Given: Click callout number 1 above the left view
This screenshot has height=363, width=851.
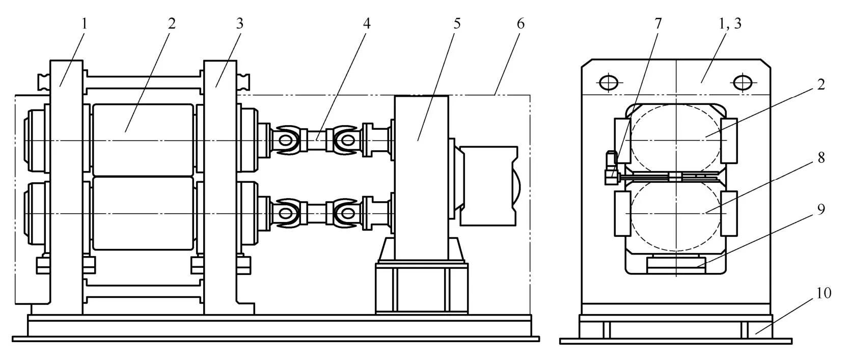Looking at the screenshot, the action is click(x=85, y=24).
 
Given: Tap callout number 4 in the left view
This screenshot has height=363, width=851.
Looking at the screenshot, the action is click(x=366, y=24).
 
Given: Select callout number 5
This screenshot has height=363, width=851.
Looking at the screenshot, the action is click(x=457, y=24).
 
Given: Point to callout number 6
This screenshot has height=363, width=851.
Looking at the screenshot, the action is click(x=520, y=24).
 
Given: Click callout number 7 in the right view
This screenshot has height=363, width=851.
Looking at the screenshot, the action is click(x=658, y=24).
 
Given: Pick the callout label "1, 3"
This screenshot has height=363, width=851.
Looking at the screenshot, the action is click(x=730, y=24).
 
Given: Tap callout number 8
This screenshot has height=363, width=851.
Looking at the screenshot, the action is click(x=821, y=157).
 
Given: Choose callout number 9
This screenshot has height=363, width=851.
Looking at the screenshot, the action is click(x=821, y=209).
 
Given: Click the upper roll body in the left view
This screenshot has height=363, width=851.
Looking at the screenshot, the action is click(x=143, y=140).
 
